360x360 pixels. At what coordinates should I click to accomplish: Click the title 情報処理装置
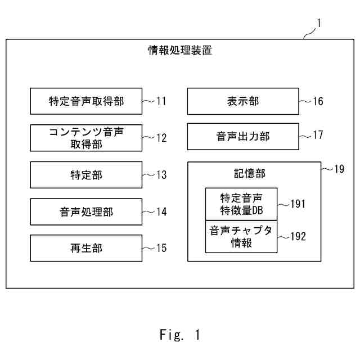point(180,50)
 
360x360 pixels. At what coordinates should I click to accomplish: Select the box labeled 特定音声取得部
point(86,101)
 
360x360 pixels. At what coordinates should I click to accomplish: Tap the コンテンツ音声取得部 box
point(86,138)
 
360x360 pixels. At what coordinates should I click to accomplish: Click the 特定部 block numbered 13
point(86,175)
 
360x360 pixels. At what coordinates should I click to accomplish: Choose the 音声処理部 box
point(86,211)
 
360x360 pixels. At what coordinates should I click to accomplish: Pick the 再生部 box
point(86,248)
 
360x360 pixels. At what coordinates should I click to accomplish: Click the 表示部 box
point(243,101)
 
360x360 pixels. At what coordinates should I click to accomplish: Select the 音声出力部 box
point(243,137)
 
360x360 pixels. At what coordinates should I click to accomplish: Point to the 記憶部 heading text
point(250,173)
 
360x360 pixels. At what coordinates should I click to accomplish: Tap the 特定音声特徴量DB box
point(241,204)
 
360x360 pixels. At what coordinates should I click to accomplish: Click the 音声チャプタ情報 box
point(241,237)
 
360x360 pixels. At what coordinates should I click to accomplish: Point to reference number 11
point(161,101)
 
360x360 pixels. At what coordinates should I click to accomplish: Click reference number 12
point(161,138)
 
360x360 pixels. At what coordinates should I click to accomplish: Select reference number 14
point(161,211)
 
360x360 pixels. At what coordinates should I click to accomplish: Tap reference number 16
point(318,101)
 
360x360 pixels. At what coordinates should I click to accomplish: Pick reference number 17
point(318,135)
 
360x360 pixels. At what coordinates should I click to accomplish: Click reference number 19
point(339,169)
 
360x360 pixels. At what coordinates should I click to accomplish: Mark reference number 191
point(298,204)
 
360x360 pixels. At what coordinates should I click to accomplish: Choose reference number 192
point(298,236)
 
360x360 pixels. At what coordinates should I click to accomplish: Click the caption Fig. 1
point(180,335)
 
